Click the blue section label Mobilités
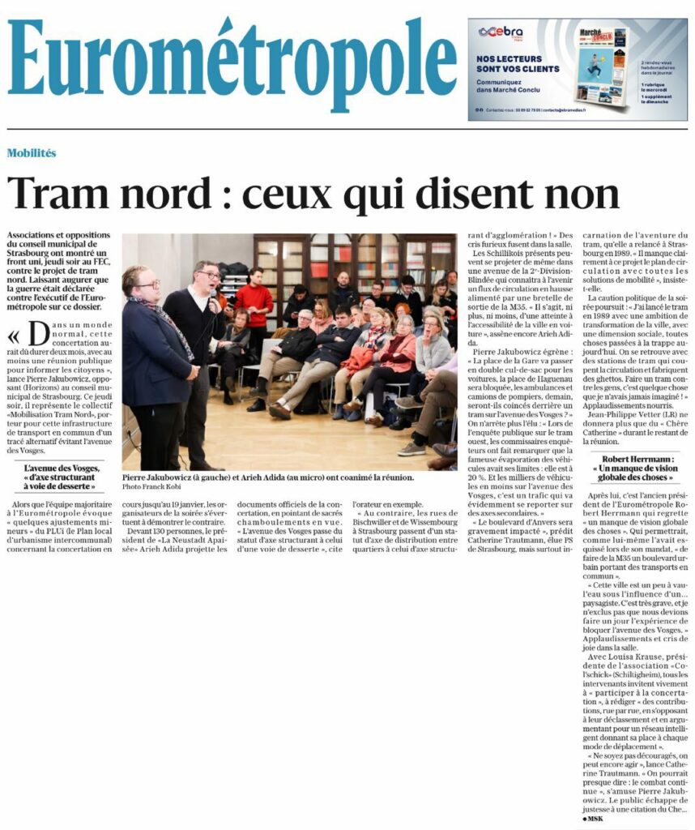32,153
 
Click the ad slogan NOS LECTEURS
510,59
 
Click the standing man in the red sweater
255,304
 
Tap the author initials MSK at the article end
595,819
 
